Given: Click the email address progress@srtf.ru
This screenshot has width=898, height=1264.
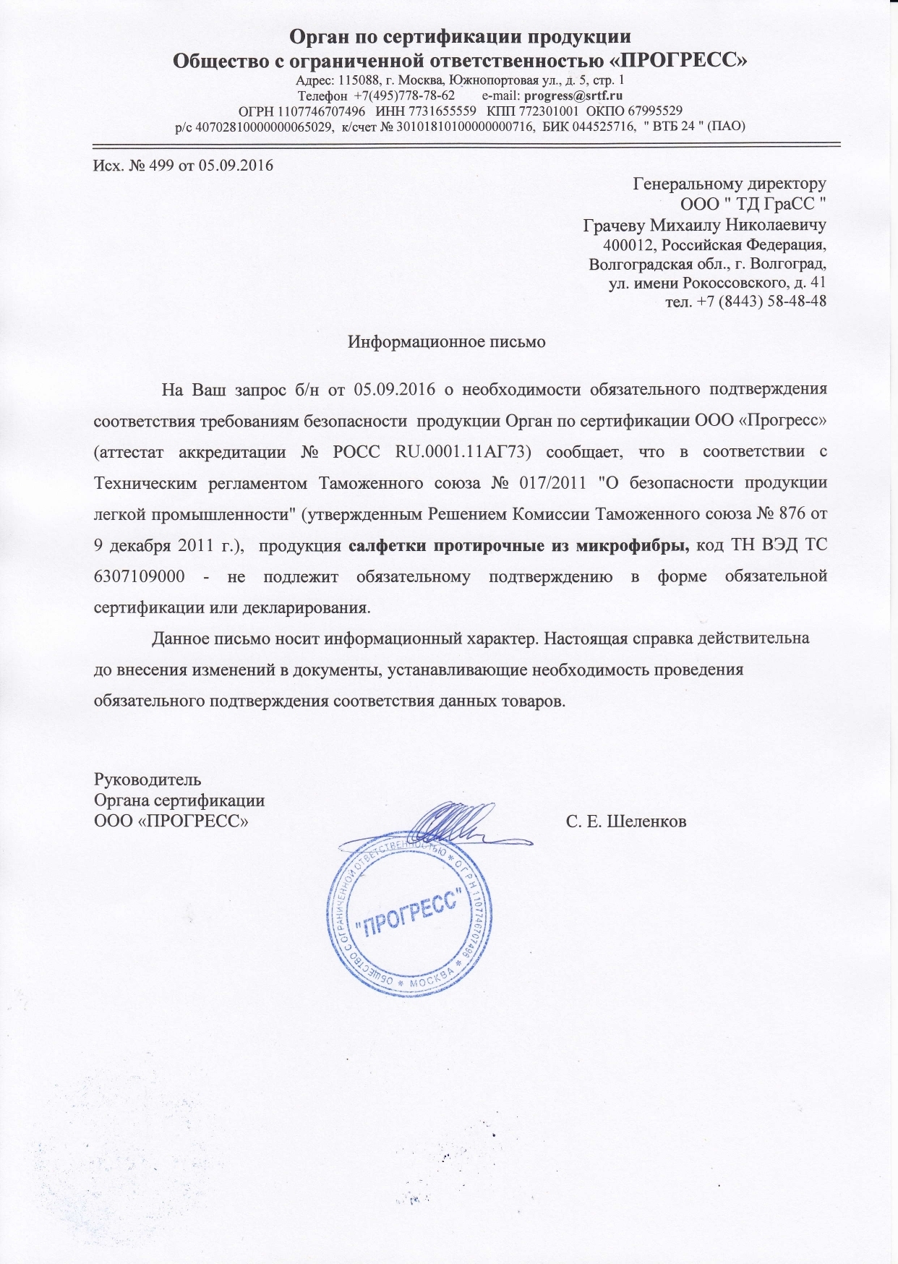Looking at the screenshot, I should (573, 95).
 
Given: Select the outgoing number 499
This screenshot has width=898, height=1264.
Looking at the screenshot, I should (159, 166).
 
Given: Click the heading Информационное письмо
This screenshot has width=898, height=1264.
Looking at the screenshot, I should (447, 342).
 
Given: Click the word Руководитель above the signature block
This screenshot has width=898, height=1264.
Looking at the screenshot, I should (147, 780).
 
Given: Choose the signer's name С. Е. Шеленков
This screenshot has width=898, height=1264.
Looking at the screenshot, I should (626, 822).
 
